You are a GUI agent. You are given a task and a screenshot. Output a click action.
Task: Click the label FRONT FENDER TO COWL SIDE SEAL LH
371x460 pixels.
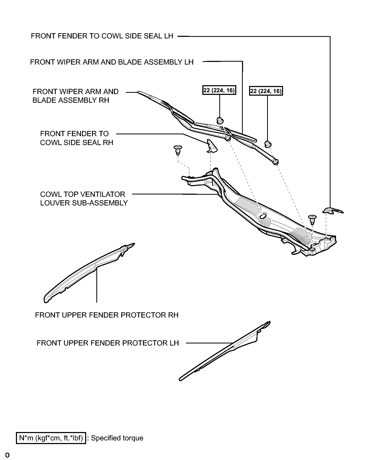click(102, 36)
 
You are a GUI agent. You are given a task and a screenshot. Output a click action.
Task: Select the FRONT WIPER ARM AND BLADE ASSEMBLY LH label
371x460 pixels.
click(112, 62)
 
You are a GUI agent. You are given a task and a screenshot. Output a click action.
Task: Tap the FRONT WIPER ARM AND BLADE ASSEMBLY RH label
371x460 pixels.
click(75, 96)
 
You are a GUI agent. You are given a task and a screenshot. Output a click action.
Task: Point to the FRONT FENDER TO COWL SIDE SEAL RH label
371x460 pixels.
click(76, 138)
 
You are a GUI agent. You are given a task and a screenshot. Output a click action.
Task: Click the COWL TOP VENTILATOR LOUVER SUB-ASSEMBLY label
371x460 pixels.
click(84, 199)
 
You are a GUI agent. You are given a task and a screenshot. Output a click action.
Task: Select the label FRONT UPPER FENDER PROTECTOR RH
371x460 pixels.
click(107, 315)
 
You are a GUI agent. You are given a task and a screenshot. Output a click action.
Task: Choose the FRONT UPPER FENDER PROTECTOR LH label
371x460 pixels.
click(108, 343)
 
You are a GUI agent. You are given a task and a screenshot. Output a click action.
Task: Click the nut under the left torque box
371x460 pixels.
click(220, 120)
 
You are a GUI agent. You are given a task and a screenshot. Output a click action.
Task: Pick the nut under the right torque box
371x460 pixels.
click(267, 143)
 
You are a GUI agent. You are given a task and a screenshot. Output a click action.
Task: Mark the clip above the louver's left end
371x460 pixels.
click(178, 150)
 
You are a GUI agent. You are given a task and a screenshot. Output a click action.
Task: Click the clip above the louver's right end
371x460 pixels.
click(313, 219)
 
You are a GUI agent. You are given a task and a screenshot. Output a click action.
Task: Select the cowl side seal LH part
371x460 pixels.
click(332, 210)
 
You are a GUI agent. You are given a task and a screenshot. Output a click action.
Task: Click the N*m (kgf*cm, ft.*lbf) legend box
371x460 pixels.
click(51, 438)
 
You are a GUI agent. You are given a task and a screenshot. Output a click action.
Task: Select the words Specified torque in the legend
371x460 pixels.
click(117, 438)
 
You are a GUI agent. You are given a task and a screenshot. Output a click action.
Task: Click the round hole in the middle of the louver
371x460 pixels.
click(263, 216)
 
